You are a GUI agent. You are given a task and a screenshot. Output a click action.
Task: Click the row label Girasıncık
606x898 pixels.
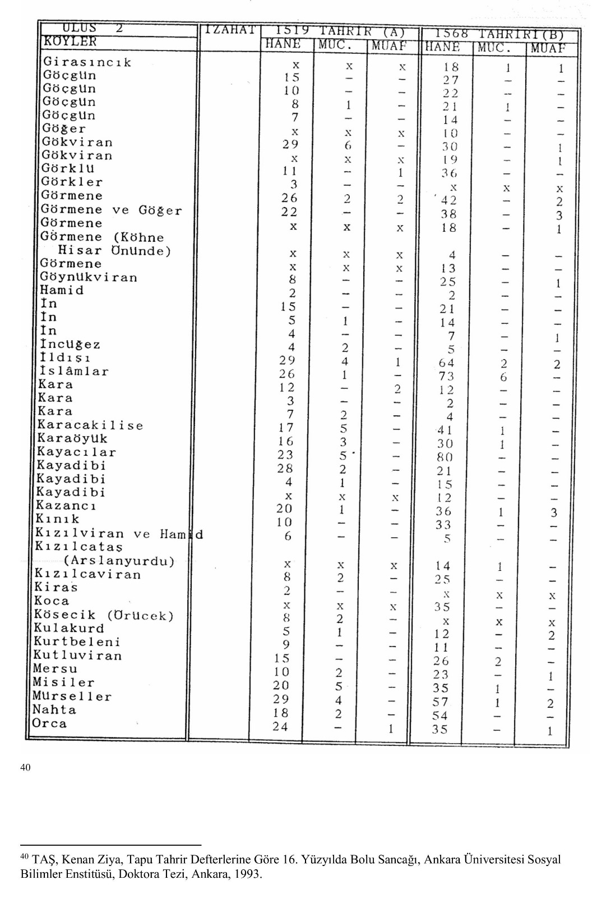click(87, 62)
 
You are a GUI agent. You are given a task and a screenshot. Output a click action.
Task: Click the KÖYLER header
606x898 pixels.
click(70, 42)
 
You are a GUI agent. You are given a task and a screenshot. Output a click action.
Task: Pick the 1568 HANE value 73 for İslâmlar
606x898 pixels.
click(446, 377)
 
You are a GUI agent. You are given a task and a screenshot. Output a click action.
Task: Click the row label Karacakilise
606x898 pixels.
click(90, 425)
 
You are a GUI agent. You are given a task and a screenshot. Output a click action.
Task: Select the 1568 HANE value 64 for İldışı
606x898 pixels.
click(446, 363)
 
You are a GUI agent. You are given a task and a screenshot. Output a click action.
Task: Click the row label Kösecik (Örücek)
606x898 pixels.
click(103, 615)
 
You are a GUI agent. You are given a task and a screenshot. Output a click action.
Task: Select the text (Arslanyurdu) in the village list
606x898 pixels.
click(119, 561)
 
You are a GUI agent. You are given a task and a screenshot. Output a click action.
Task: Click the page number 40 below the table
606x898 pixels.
click(25, 767)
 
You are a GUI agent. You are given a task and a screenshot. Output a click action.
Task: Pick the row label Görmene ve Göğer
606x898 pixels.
click(112, 210)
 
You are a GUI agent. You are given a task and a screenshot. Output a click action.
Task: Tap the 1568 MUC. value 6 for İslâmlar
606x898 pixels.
click(504, 377)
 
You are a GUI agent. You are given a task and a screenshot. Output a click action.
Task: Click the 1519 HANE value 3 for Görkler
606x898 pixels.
click(294, 185)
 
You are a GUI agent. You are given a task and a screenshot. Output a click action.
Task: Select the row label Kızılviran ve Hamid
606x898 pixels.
click(118, 534)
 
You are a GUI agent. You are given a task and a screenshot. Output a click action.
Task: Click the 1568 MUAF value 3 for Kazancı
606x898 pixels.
click(553, 512)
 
